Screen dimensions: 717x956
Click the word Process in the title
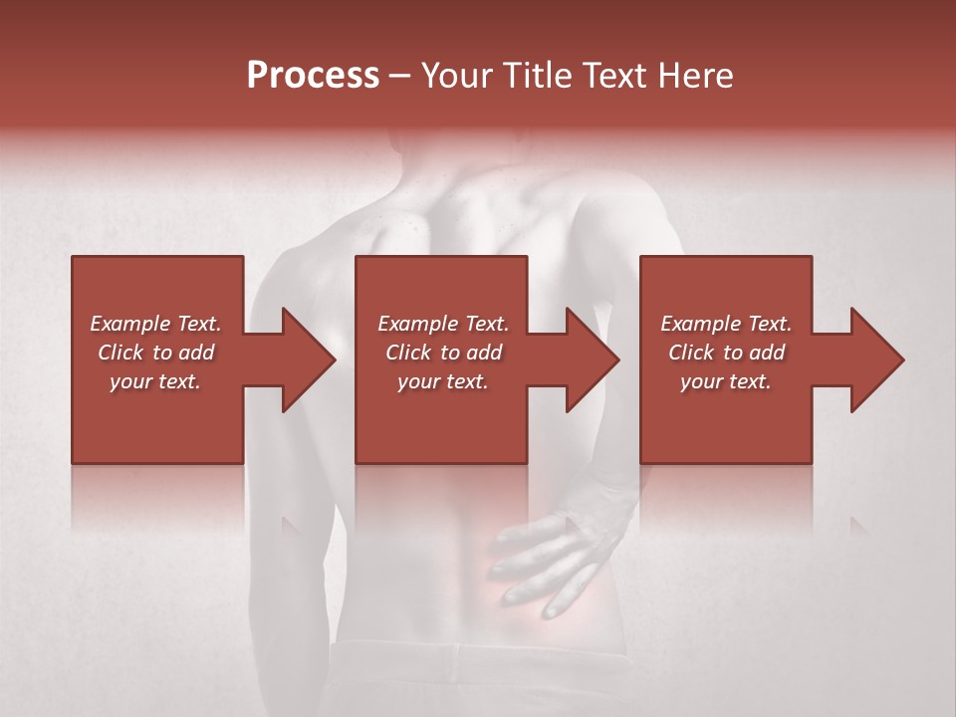[313, 76]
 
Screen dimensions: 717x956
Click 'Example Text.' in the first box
[156, 324]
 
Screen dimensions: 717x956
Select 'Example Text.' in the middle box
[443, 324]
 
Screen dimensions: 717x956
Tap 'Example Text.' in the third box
[726, 324]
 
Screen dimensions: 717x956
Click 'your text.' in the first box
[155, 381]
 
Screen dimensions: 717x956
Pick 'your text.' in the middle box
[442, 381]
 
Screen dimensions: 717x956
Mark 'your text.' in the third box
[725, 381]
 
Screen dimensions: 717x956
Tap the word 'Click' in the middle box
[408, 353]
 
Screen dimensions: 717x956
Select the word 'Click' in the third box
[691, 353]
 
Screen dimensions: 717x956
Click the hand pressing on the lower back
[548, 558]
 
